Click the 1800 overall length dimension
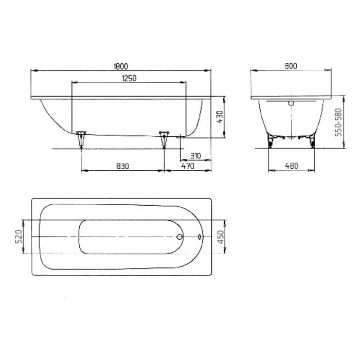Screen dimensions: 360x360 coord(122,66)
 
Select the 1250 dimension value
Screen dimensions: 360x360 coord(129,78)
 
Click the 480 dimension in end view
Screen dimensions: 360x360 coord(291,166)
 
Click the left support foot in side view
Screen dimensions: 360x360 coord(81,138)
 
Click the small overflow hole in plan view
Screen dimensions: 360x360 coord(200,237)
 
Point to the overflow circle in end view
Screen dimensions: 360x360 coord(291,103)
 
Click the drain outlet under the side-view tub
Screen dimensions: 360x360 coord(179,137)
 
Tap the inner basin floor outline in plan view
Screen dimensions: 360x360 coord(129,237)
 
